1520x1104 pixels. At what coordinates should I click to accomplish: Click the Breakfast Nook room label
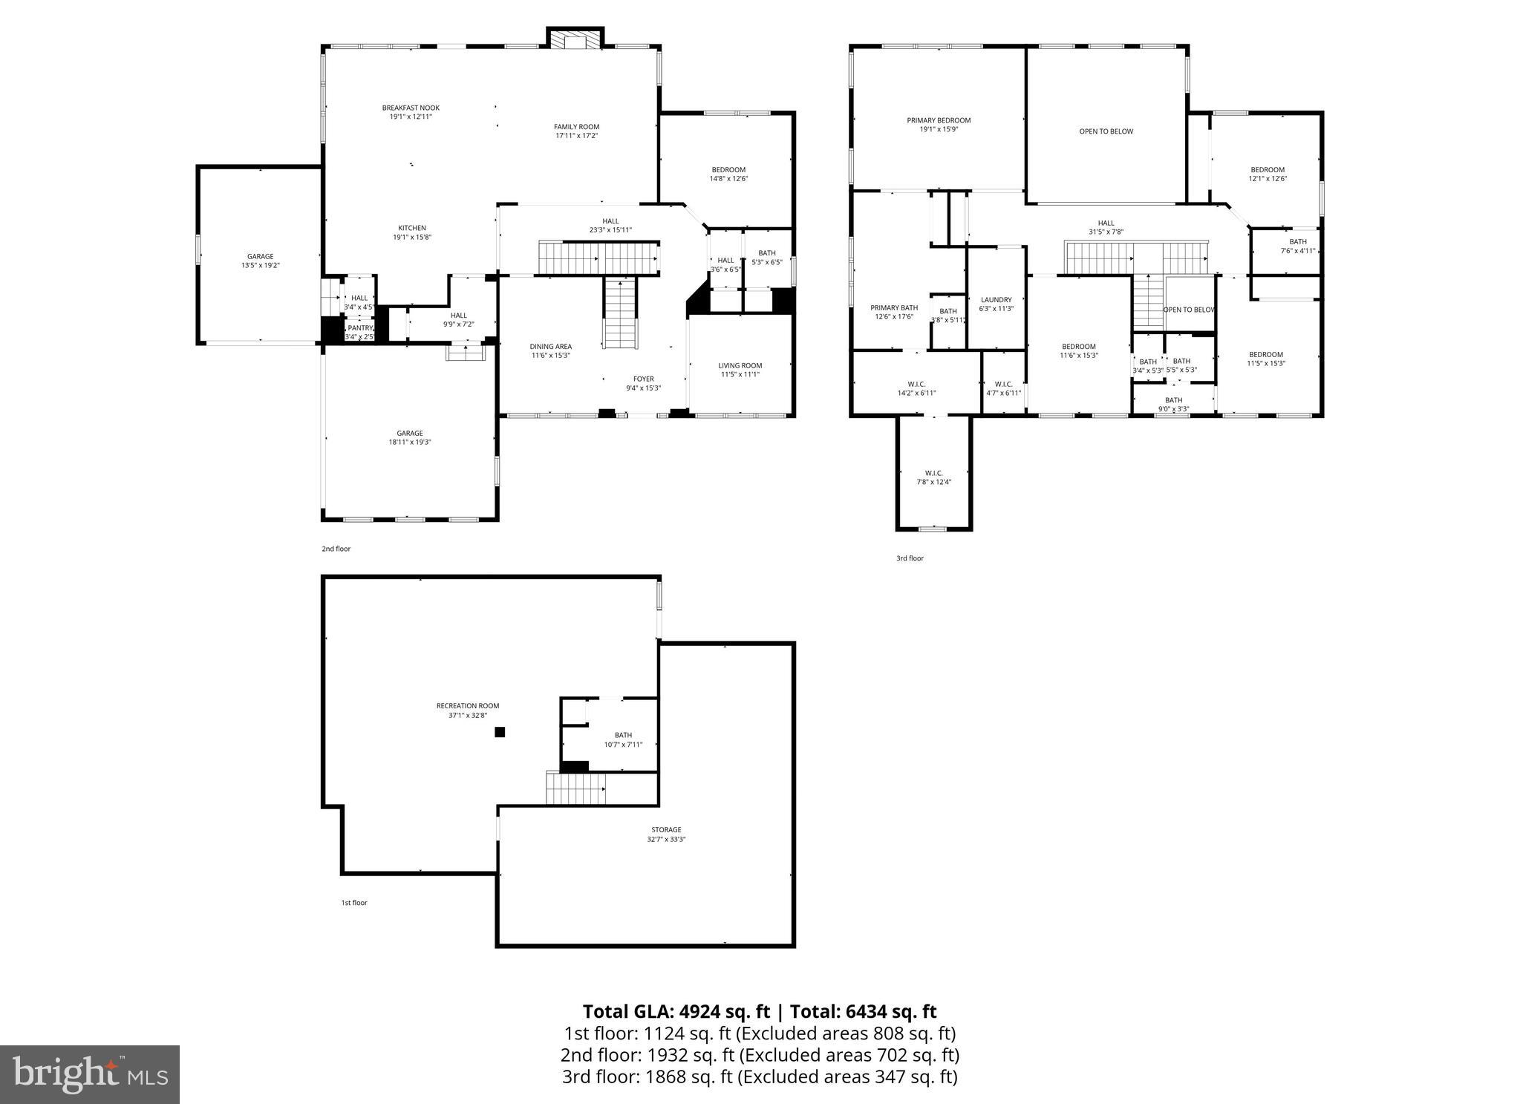411,112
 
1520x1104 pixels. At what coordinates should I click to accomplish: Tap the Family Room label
576,131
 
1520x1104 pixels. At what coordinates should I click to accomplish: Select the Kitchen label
412,232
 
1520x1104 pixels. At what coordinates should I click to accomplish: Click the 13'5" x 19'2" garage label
260,261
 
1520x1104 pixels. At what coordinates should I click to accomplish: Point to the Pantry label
360,332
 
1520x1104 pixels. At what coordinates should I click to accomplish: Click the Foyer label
643,383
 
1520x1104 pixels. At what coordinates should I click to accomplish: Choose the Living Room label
740,370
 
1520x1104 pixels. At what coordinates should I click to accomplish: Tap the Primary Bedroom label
939,125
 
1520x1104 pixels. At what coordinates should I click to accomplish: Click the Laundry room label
996,304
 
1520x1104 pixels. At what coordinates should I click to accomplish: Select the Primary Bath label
894,312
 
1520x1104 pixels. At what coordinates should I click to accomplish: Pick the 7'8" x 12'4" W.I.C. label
933,477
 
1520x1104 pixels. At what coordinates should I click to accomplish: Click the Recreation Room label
468,711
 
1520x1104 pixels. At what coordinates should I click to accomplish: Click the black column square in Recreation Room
500,732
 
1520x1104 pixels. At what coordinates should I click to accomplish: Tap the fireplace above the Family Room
575,40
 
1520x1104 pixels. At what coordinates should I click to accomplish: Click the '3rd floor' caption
910,558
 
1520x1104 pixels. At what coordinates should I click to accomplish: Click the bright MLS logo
90,1074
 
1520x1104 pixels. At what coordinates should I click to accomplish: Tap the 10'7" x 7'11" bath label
623,740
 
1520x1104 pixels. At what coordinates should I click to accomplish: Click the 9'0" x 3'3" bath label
1173,404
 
